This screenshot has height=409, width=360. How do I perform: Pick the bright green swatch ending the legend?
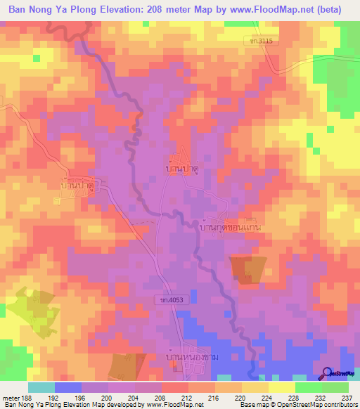(x=335, y=387)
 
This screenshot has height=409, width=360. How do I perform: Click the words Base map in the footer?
(x=252, y=405)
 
